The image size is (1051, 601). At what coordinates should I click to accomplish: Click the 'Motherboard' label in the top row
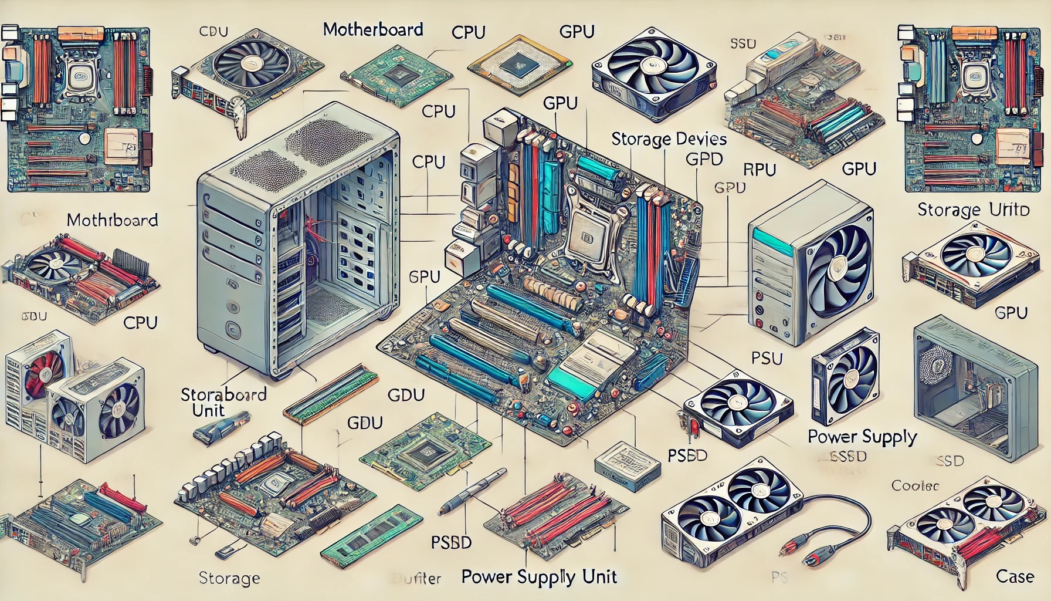click(373, 29)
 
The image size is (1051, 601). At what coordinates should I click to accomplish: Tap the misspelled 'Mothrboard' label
click(112, 220)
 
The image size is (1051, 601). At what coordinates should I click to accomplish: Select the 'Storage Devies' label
click(669, 139)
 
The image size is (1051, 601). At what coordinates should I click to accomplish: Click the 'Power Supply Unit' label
click(539, 576)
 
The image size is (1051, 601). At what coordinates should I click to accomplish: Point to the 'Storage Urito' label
click(973, 210)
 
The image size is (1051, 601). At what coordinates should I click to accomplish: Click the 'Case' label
click(1015, 576)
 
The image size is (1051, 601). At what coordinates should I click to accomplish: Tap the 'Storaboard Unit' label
click(223, 401)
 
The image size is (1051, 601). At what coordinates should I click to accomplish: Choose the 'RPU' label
click(760, 170)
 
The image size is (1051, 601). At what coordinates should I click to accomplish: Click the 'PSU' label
click(767, 357)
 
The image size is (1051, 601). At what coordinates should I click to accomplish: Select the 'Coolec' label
click(915, 485)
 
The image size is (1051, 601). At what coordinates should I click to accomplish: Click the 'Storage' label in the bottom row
click(229, 578)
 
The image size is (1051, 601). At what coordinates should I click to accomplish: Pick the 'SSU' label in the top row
click(743, 43)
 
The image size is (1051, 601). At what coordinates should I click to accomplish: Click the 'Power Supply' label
click(862, 437)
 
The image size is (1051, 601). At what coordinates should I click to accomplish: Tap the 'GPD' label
click(704, 158)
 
